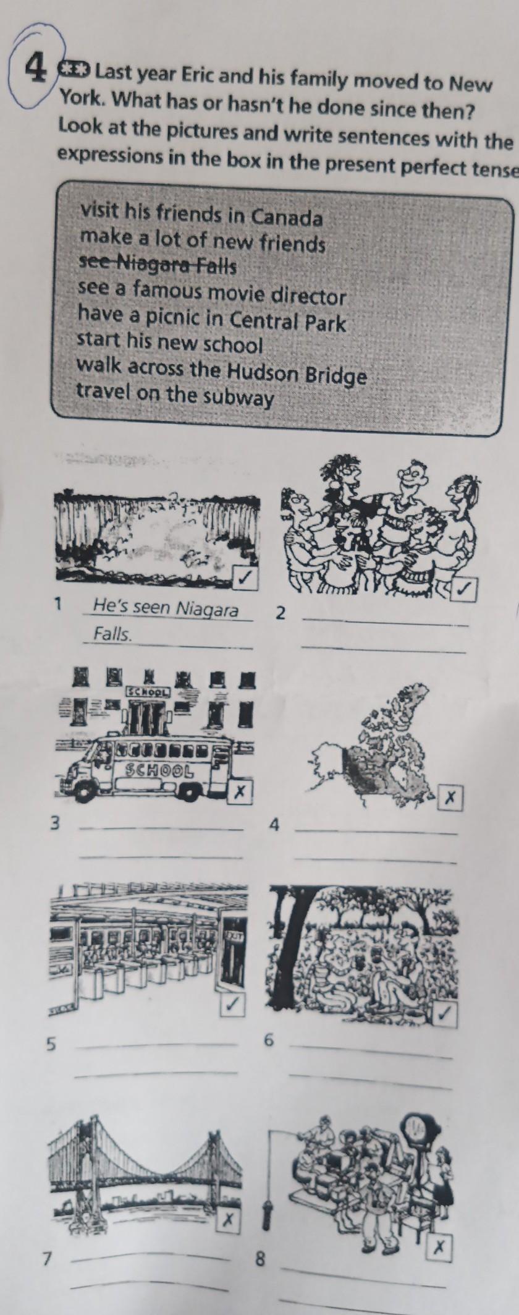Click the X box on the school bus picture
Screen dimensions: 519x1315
pyautogui.click(x=240, y=790)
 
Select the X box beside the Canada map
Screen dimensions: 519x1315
pyautogui.click(x=450, y=798)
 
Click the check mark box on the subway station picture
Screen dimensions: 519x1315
pyautogui.click(x=232, y=1005)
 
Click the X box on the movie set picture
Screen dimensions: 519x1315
pyautogui.click(x=440, y=1247)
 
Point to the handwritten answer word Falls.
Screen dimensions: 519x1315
pyautogui.click(x=112, y=634)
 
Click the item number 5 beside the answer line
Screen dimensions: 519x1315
pyautogui.click(x=52, y=1044)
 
